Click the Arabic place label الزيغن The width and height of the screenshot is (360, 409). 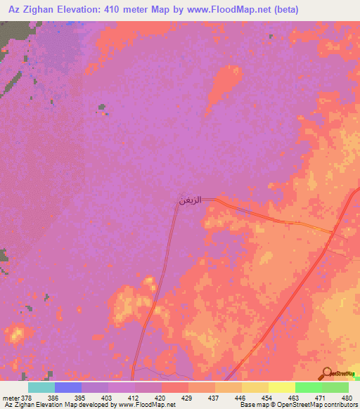click(x=191, y=200)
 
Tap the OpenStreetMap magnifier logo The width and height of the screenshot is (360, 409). click(x=328, y=373)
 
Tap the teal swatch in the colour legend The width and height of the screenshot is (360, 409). click(x=41, y=387)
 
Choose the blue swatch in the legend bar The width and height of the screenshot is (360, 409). click(x=68, y=387)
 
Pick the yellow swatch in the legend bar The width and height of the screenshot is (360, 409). click(x=282, y=387)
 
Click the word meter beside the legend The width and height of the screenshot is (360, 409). click(x=11, y=397)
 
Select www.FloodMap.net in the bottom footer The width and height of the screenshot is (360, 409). click(x=148, y=405)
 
